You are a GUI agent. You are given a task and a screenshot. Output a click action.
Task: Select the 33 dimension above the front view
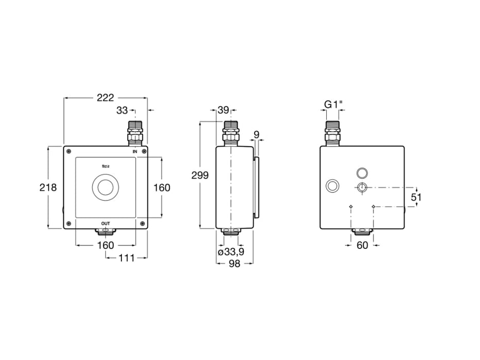122,110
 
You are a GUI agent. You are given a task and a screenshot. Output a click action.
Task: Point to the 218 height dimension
48,188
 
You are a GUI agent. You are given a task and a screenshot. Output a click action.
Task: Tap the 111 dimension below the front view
126,258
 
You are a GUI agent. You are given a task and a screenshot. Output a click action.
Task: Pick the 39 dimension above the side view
223,110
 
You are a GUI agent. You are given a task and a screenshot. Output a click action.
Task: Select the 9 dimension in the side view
257,135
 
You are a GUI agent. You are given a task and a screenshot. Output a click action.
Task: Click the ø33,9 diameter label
231,252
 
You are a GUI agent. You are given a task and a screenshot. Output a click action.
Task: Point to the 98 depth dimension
234,263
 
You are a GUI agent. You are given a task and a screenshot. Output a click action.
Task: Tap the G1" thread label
333,104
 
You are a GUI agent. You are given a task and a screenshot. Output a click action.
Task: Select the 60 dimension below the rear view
362,245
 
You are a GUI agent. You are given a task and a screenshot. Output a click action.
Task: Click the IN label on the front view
135,152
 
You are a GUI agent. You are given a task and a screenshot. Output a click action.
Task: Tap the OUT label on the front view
105,223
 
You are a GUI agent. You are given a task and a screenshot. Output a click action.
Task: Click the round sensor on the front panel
105,188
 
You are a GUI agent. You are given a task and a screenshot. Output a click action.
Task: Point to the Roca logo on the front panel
105,166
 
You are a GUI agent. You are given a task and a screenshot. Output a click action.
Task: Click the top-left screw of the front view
68,151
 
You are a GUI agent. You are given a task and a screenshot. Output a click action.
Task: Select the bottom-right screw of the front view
143,224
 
